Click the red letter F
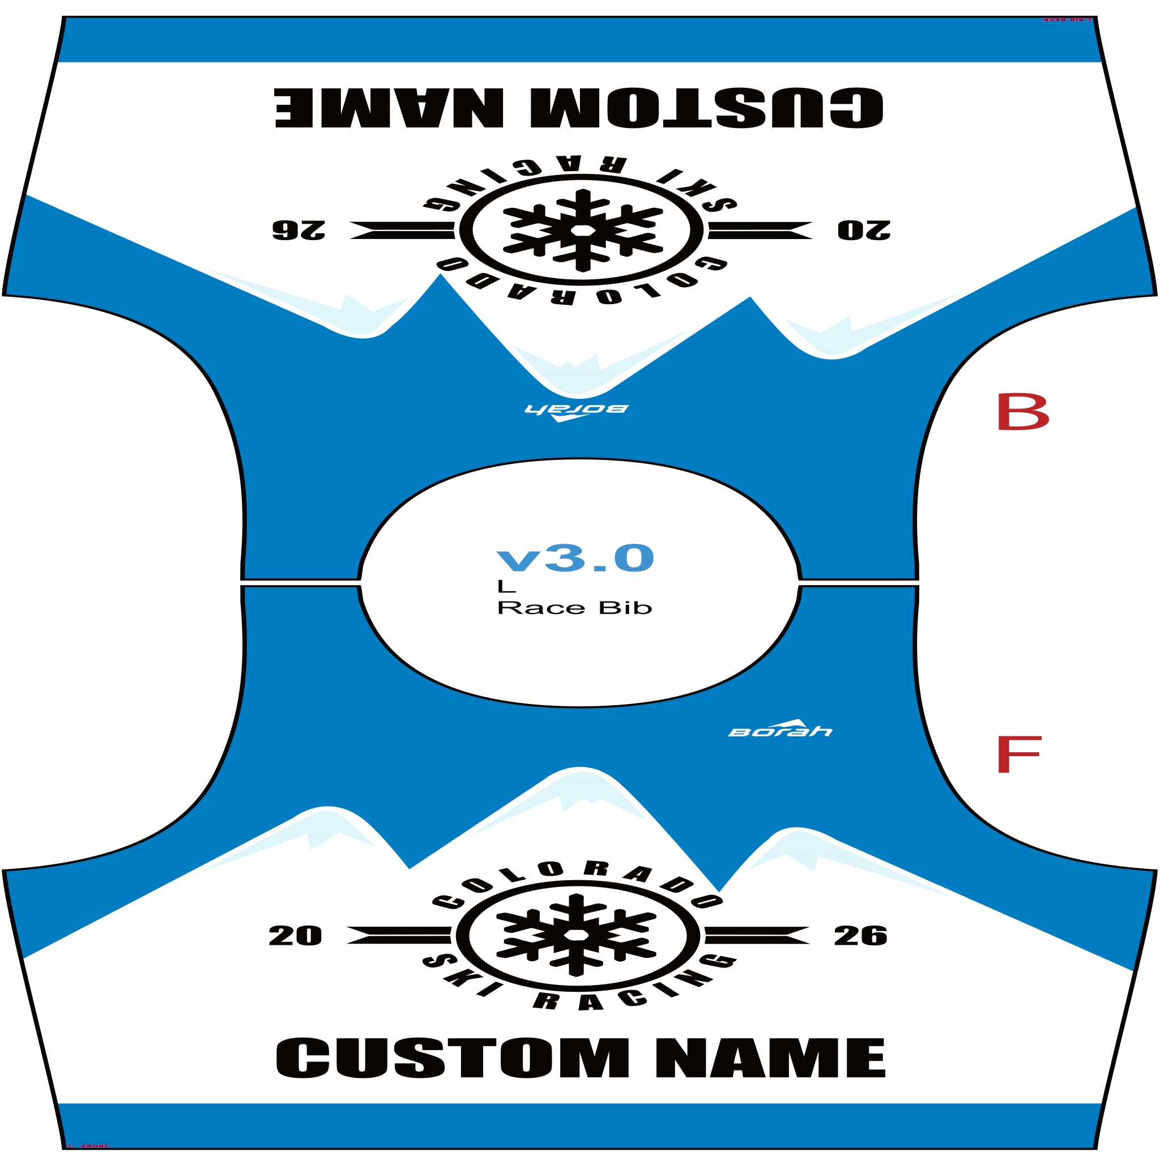tap(1018, 754)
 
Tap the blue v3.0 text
tap(574, 558)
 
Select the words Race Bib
tap(574, 608)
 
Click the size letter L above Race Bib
tap(506, 586)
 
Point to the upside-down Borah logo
tap(576, 411)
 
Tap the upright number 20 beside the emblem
tap(295, 936)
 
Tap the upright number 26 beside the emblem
tap(860, 936)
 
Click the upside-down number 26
tap(298, 230)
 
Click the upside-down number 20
tap(864, 230)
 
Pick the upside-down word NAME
tap(389, 108)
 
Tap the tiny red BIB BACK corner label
tap(1066, 19)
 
